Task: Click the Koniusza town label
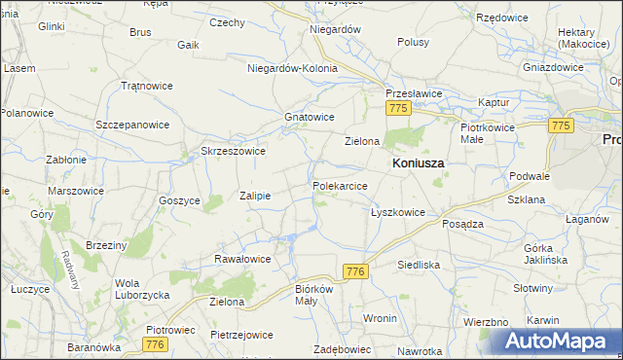coord(418,164)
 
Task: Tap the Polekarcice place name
coord(340,185)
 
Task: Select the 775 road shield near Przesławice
coord(396,111)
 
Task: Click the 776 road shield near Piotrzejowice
coord(153,344)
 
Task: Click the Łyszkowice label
coord(398,212)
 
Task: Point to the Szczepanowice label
coord(132,126)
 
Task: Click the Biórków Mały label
coord(314,295)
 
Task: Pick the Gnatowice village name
coord(310,117)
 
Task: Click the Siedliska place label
coord(420,265)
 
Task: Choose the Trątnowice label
coord(146,86)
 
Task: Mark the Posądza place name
coord(462,223)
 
